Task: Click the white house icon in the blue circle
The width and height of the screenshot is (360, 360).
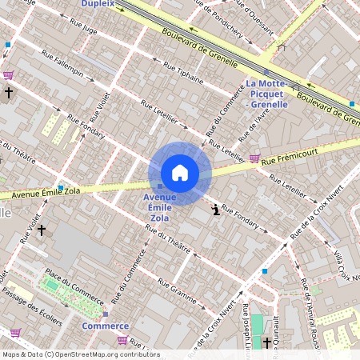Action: (x=180, y=173)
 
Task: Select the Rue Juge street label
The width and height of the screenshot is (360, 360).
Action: (x=84, y=31)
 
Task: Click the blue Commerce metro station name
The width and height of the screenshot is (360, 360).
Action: (x=105, y=326)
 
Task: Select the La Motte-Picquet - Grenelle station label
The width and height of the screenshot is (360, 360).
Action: (x=273, y=94)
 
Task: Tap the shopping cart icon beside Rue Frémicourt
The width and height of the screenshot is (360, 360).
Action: (x=254, y=158)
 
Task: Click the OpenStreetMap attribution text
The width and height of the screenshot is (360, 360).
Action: (x=80, y=354)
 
